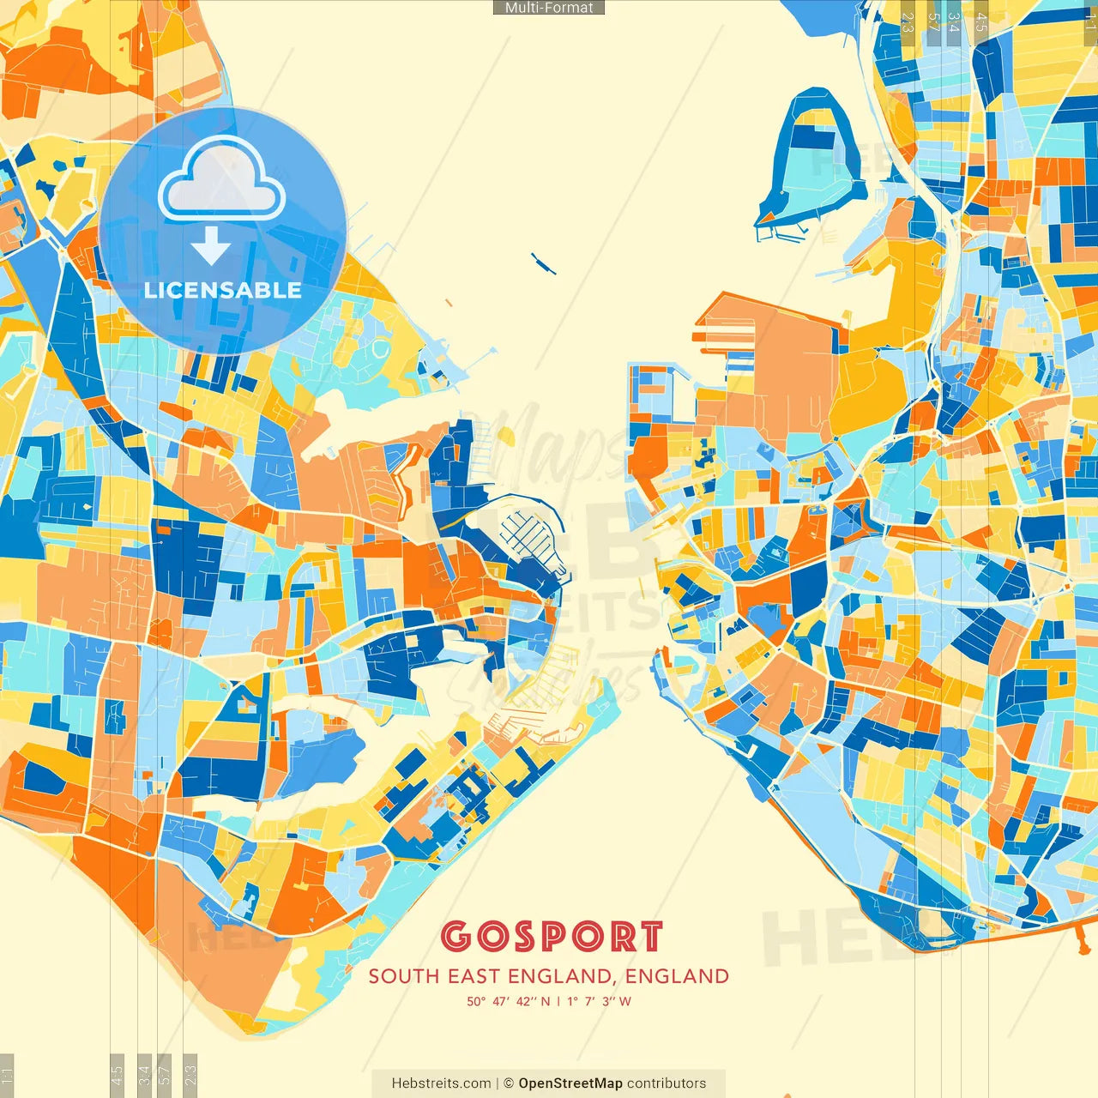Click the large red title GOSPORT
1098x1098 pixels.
[x=552, y=937]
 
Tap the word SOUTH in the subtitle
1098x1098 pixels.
[x=403, y=976]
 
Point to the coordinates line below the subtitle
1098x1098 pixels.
[x=549, y=1001]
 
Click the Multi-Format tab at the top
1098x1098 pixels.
[x=549, y=8]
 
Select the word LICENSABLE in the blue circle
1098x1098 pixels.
[x=223, y=290]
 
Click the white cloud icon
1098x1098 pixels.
[x=222, y=179]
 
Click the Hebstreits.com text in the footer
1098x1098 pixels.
[x=441, y=1083]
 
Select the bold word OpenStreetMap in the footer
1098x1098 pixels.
[x=570, y=1083]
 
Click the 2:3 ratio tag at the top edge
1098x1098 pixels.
[x=908, y=22]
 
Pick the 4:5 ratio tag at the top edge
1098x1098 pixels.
[x=981, y=22]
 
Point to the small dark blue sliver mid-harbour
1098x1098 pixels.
[x=542, y=262]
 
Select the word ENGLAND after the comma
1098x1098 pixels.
[x=677, y=976]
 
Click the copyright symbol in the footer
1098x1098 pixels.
[x=509, y=1083]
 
